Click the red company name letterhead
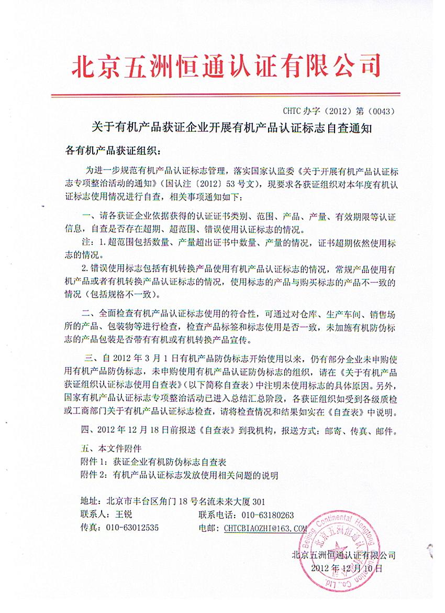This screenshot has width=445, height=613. [225, 66]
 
